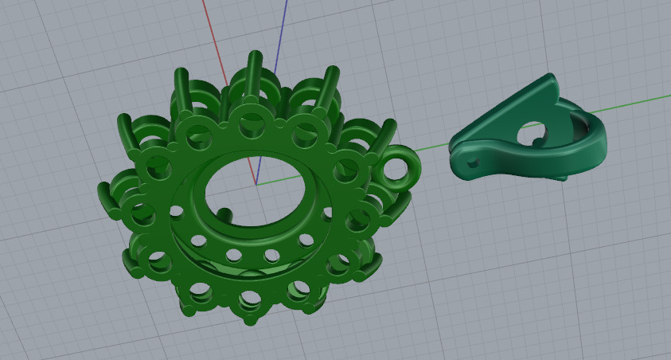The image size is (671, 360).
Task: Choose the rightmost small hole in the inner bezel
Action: click(x=326, y=210)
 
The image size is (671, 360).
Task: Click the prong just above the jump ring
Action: click(x=388, y=132)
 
